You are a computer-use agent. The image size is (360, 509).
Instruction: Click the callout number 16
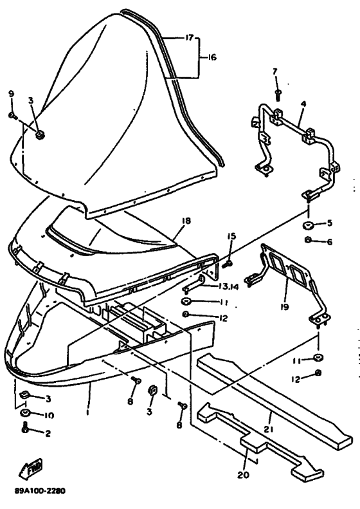click(212, 57)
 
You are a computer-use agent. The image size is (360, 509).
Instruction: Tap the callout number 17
click(189, 38)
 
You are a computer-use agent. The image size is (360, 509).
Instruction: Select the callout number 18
click(186, 221)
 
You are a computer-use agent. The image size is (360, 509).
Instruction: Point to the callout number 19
click(284, 306)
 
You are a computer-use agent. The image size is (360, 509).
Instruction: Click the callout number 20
click(243, 475)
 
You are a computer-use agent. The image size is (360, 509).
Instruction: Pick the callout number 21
click(269, 429)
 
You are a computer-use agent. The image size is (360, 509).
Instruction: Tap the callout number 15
click(231, 236)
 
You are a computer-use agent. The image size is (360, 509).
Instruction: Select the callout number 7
click(275, 71)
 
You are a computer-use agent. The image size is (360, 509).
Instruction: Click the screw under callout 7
click(278, 93)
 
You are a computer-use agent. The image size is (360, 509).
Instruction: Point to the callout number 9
click(12, 94)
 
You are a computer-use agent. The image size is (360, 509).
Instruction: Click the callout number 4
click(303, 104)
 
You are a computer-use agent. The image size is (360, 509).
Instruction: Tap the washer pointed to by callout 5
click(307, 225)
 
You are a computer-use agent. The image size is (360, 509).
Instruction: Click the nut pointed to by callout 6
click(308, 239)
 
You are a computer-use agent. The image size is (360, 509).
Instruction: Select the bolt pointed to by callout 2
click(25, 429)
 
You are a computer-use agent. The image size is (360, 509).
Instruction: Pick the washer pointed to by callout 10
click(25, 413)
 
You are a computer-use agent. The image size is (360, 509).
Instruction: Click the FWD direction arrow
click(31, 468)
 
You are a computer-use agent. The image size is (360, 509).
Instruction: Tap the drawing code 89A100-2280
click(40, 490)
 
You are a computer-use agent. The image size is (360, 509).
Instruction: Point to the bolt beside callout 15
click(227, 264)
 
